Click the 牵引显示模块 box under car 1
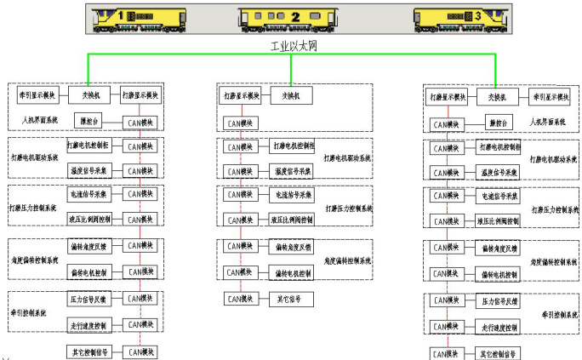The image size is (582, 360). pos(31,94)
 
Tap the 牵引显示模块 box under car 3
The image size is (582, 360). pos(549,97)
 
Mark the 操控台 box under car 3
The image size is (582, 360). pos(499,123)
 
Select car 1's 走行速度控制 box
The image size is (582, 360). pos(88,326)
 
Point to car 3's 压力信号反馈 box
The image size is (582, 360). pos(498,301)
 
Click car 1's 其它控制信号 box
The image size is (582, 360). pos(88,351)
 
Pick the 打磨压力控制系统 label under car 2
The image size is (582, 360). pos(349,208)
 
